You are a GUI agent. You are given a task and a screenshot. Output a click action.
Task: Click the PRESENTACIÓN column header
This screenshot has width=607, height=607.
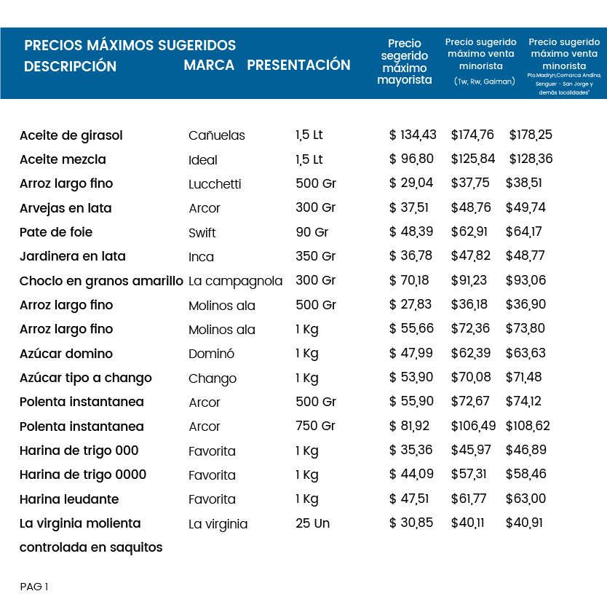click(298, 65)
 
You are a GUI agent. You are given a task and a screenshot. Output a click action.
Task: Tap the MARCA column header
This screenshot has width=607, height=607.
click(209, 65)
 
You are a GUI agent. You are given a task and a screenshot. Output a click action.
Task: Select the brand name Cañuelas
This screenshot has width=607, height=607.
click(217, 135)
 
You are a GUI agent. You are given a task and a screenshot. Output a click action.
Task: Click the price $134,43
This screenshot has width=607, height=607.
click(413, 135)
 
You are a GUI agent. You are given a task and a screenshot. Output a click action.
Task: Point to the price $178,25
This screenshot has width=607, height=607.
click(531, 135)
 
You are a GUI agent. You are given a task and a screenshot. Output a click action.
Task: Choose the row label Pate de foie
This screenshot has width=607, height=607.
click(56, 232)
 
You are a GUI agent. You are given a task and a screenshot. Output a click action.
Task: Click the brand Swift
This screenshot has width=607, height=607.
click(202, 233)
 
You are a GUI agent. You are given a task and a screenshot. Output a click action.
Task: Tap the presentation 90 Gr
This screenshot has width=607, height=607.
click(312, 232)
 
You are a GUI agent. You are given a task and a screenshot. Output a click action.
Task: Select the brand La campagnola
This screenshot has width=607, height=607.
click(235, 281)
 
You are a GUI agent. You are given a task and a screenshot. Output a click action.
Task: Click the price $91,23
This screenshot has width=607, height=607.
click(469, 280)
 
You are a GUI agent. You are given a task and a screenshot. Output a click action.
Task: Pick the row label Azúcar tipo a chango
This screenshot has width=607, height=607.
click(86, 378)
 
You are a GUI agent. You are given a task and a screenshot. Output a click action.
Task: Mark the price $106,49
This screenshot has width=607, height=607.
click(473, 426)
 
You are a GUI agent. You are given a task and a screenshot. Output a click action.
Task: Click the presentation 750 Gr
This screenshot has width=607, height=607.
click(315, 426)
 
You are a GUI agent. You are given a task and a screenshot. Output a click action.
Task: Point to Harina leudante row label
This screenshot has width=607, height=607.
click(69, 499)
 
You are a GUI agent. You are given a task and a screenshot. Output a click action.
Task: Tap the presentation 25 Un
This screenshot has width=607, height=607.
click(313, 523)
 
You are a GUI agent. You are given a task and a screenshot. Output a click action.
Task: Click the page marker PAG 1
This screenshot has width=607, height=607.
click(34, 587)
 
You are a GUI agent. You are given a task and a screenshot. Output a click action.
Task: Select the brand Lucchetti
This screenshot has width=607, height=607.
click(215, 184)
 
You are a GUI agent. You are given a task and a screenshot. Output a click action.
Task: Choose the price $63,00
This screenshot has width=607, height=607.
click(525, 499)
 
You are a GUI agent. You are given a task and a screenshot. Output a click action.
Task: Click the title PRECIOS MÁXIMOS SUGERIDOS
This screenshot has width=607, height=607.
click(130, 45)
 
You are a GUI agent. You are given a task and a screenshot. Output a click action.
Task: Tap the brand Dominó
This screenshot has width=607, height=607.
click(211, 354)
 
